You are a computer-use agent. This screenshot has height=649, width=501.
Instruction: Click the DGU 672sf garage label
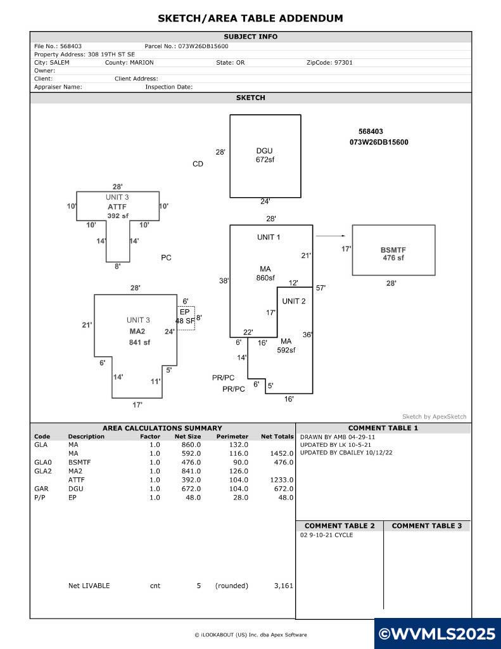(265, 155)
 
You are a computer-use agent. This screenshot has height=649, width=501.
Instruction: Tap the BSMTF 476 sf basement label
(393, 254)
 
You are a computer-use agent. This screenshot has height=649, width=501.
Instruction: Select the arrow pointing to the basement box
(331, 236)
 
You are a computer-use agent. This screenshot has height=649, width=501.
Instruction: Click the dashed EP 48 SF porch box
(186, 318)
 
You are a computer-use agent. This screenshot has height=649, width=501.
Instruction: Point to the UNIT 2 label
(294, 301)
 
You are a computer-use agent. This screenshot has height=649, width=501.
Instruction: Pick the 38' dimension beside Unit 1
(224, 281)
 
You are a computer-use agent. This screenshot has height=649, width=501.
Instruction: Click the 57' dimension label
(320, 288)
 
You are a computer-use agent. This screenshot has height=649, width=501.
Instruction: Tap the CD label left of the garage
(198, 164)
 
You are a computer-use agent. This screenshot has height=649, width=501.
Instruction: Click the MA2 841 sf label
(139, 337)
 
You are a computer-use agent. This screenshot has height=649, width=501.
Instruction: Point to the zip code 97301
(342, 63)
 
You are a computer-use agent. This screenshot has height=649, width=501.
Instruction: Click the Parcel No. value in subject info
(203, 46)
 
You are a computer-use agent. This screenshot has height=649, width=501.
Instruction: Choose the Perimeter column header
(232, 436)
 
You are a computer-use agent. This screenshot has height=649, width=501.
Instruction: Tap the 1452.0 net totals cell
(282, 454)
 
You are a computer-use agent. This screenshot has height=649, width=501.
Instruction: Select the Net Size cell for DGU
(191, 489)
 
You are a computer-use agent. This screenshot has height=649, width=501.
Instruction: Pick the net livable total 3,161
(283, 586)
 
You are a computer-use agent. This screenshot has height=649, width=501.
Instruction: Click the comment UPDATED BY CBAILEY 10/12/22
(346, 453)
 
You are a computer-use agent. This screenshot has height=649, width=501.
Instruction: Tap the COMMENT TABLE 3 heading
(426, 525)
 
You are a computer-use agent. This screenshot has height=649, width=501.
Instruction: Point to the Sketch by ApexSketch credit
(434, 417)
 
